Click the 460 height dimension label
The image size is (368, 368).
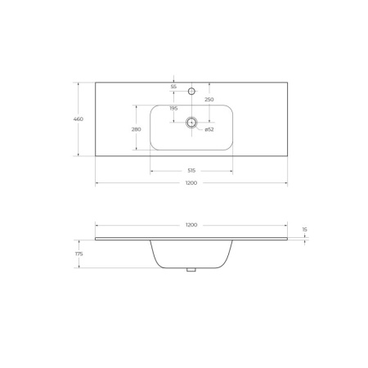[79, 119]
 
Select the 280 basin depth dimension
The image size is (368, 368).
[137, 129]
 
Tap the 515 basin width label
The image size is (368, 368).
[191, 171]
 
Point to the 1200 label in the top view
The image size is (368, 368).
[191, 183]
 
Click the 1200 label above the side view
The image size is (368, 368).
[191, 225]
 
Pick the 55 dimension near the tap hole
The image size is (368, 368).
[173, 87]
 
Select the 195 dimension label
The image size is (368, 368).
[173, 109]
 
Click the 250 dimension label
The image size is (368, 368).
[209, 100]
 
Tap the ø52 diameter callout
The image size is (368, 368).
[209, 129]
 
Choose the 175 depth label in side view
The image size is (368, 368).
[79, 254]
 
